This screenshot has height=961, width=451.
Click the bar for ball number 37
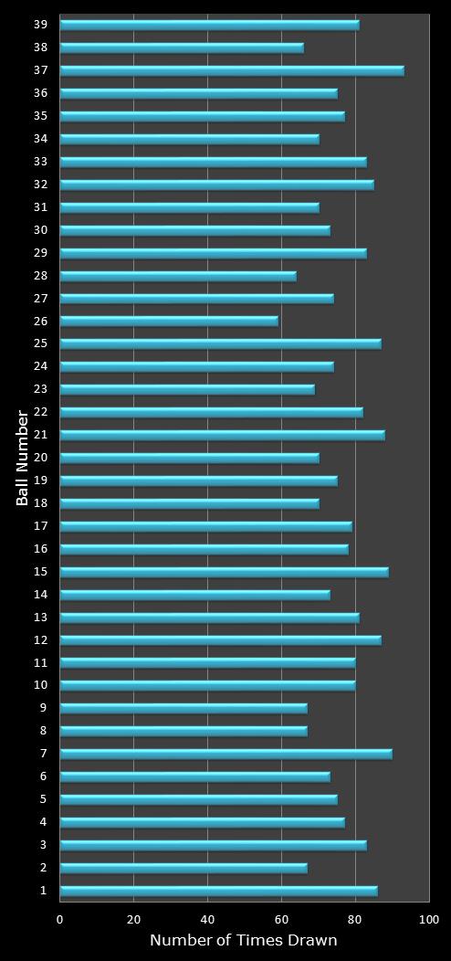[x=232, y=70]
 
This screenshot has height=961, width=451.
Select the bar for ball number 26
[x=169, y=322]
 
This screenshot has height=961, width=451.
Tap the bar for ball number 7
[x=225, y=754]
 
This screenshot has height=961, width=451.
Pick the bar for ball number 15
[x=224, y=572]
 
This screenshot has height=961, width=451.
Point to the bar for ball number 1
[x=218, y=891]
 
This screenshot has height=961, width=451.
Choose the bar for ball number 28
[x=178, y=276]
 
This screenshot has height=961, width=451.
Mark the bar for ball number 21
[x=222, y=435]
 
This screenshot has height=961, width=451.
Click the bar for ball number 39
[x=209, y=25]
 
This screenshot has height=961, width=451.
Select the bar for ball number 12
[x=220, y=640]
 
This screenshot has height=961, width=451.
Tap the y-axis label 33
[x=40, y=161]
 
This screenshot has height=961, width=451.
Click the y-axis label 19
[x=40, y=480]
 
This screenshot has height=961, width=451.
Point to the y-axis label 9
[x=43, y=707]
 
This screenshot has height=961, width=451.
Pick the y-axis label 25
[x=40, y=343]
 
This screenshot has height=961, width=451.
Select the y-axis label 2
[x=43, y=867]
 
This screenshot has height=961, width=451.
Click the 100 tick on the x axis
[x=428, y=919]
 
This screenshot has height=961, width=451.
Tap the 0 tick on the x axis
[x=60, y=919]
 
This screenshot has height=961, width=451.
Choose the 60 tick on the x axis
[x=281, y=919]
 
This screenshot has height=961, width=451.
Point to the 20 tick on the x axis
[x=134, y=919]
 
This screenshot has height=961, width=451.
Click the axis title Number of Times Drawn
[x=244, y=940]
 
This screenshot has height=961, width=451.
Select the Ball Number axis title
[x=23, y=458]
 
